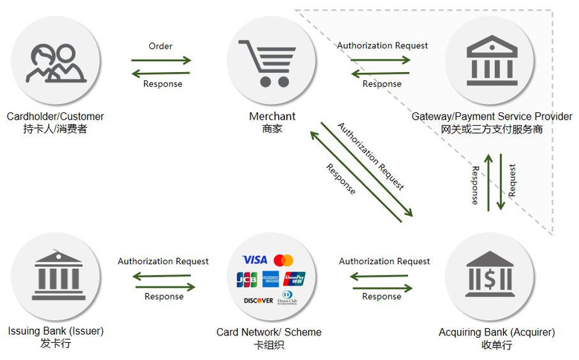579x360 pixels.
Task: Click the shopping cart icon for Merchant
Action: pos(267,63)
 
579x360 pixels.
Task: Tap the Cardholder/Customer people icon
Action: pos(56,63)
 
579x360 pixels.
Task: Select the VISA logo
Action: pos(255,260)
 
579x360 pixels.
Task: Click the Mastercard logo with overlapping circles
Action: pos(284,260)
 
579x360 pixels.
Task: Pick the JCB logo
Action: pos(247,279)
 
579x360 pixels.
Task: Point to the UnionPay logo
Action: pos(294,279)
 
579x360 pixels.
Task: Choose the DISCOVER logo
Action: pos(259,300)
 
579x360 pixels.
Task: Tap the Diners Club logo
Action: pos(288,298)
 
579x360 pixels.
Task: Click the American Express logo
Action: pos(271,279)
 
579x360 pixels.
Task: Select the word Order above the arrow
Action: pos(161,46)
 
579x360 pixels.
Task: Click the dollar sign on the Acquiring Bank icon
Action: pos(490,279)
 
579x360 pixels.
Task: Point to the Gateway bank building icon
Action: pos(492,60)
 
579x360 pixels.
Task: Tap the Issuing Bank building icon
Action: pos(58,274)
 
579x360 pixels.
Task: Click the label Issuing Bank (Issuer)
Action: pos(56,331)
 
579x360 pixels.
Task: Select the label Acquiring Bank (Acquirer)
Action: pos(496,332)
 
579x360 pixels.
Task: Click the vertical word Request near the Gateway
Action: pos(512,180)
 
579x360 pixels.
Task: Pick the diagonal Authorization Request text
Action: pos(371,156)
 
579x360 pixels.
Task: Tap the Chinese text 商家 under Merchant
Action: pos(272,129)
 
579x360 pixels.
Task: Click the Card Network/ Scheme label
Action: pos(269,332)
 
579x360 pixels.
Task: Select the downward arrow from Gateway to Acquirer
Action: pos(501,181)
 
